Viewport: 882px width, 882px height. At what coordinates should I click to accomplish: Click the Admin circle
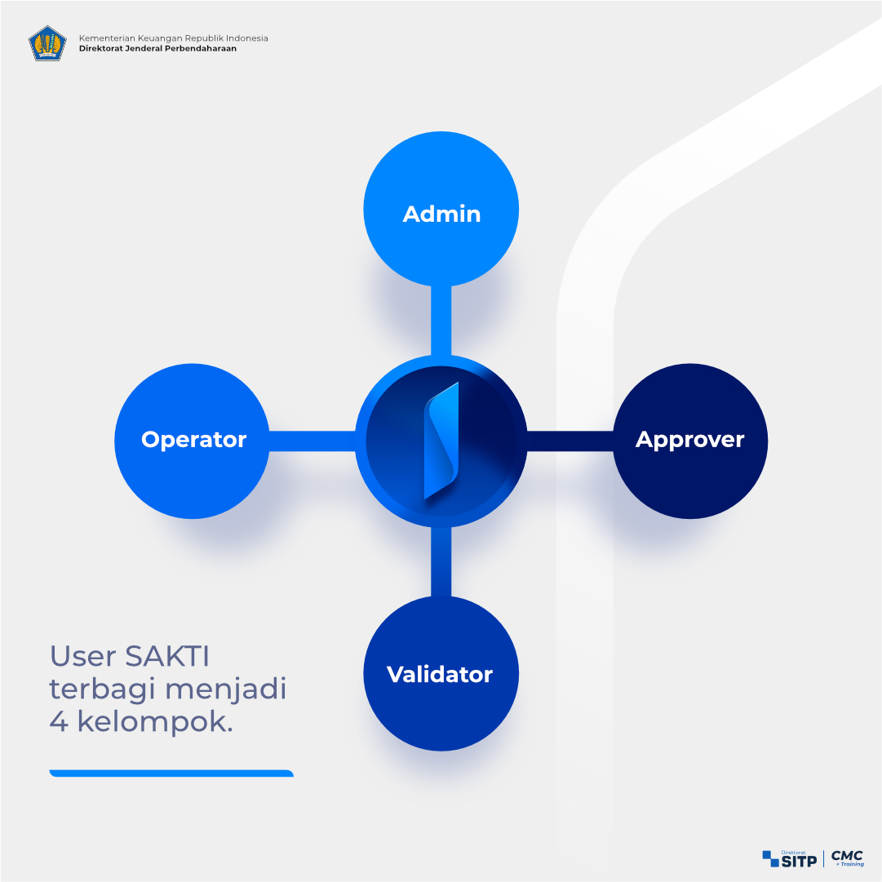click(x=441, y=209)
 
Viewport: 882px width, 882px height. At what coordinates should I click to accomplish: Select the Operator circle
click(x=192, y=441)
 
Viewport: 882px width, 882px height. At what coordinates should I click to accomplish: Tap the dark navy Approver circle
click(x=690, y=441)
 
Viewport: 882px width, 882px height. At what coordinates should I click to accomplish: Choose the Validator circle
click(x=441, y=673)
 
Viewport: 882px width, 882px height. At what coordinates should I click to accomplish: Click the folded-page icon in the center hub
click(x=441, y=441)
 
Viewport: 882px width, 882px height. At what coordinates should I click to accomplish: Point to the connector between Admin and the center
click(x=441, y=321)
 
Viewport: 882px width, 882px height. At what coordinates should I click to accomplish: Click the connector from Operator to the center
click(x=312, y=441)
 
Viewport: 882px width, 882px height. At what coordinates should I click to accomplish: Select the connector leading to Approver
click(x=570, y=441)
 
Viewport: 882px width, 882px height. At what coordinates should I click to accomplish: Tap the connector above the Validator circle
click(x=441, y=561)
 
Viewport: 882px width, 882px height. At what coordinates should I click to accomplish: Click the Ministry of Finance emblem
click(x=47, y=43)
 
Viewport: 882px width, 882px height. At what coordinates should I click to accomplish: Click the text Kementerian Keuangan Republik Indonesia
click(x=173, y=38)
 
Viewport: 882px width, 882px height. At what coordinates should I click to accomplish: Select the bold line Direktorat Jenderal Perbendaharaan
click(x=157, y=48)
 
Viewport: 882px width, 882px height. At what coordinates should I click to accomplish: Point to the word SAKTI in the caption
click(x=167, y=656)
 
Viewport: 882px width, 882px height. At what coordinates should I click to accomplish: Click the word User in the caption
click(x=83, y=656)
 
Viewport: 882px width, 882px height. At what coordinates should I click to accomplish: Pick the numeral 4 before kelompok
click(x=59, y=721)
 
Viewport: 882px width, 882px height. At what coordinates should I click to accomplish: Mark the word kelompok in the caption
click(x=155, y=722)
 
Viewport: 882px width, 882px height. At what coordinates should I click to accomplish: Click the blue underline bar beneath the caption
click(x=171, y=773)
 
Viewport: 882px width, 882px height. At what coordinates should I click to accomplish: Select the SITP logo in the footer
click(x=790, y=859)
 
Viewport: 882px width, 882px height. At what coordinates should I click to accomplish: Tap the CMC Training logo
click(x=848, y=858)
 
